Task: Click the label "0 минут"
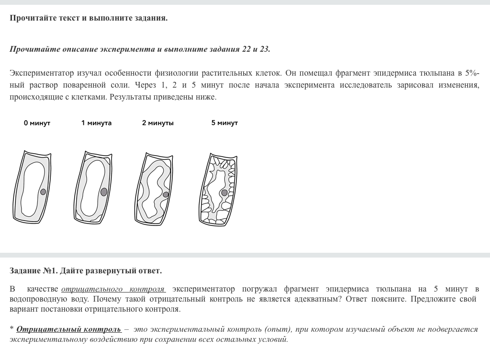(x=37, y=123)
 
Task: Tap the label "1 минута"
(x=96, y=123)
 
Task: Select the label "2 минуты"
(x=158, y=123)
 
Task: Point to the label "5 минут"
(x=224, y=123)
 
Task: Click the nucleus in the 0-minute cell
(x=43, y=191)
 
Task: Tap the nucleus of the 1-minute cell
(x=104, y=191)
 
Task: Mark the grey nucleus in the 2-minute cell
(x=166, y=194)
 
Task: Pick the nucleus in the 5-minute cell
(x=224, y=192)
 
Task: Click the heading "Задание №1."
(x=33, y=271)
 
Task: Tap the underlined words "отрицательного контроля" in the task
(x=113, y=289)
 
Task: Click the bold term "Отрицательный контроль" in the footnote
(x=68, y=329)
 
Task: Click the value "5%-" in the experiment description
(x=472, y=73)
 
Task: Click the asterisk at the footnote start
(x=11, y=329)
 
